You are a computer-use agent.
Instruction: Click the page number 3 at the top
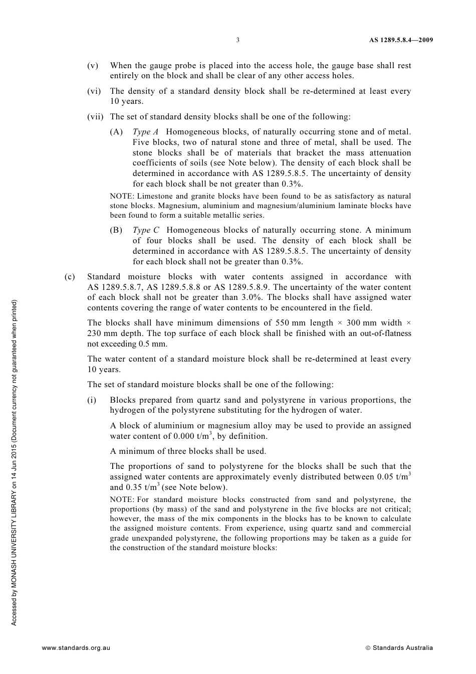[237, 40]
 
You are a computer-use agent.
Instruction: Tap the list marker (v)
[93, 66]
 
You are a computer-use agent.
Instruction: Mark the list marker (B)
[116, 230]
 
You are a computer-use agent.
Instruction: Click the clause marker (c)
[70, 277]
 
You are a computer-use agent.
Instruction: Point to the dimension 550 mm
[291, 323]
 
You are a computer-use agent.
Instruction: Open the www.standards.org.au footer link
[76, 648]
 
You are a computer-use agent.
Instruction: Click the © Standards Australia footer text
[399, 648]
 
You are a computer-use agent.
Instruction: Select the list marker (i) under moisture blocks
[92, 400]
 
